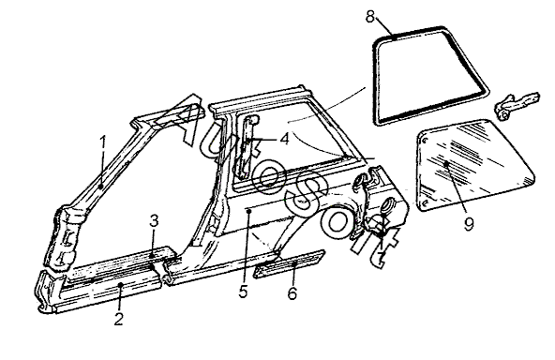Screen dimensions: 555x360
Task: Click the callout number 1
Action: (x=102, y=143)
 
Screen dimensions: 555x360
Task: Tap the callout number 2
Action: (x=118, y=319)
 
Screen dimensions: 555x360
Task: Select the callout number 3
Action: (x=153, y=221)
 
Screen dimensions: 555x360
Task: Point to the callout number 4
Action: (x=284, y=139)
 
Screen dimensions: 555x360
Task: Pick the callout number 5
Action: (x=243, y=292)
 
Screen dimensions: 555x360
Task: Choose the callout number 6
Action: (x=292, y=293)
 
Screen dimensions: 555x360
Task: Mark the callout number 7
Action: (x=382, y=256)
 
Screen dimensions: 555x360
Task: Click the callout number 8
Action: (x=370, y=16)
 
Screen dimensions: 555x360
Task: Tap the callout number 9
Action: (x=469, y=224)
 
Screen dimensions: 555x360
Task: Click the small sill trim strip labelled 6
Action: (x=290, y=263)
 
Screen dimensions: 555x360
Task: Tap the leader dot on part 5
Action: (x=249, y=211)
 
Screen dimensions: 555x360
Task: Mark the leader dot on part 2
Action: (x=121, y=284)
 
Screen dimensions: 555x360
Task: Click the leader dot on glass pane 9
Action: (x=446, y=164)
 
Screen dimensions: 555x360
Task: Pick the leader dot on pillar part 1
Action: (x=101, y=186)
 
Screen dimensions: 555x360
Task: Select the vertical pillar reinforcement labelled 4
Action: (x=247, y=147)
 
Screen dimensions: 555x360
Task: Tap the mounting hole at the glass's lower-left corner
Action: (x=426, y=202)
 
